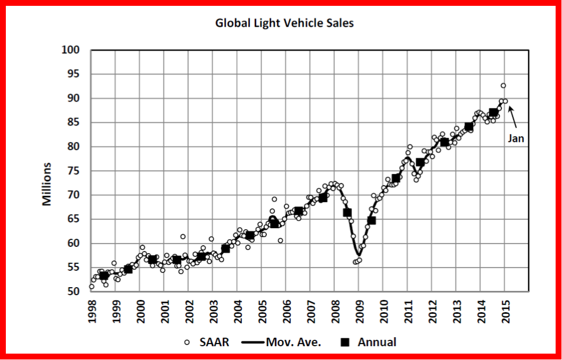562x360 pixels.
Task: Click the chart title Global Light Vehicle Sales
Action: click(x=284, y=23)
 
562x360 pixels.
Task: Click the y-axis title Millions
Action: click(x=48, y=184)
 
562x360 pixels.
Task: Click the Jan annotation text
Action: click(x=516, y=139)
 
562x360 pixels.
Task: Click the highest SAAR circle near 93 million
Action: click(x=503, y=86)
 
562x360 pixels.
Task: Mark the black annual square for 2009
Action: click(x=372, y=220)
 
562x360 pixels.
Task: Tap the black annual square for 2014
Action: click(x=493, y=113)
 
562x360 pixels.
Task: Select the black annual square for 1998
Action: click(x=104, y=275)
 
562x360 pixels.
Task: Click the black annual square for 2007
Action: click(x=323, y=198)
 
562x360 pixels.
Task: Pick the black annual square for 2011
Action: click(x=420, y=162)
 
